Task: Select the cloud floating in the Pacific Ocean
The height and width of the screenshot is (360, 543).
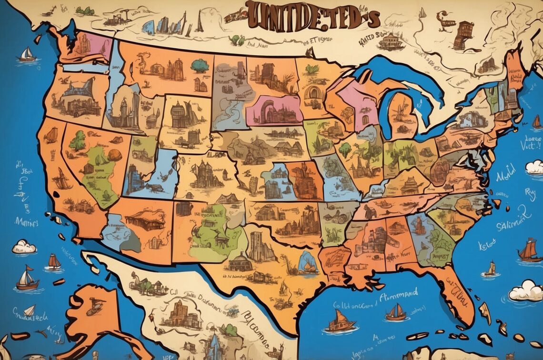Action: point(24,247)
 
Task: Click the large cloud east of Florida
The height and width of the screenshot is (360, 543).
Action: point(525,290)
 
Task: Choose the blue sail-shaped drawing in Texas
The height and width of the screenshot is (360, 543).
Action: point(307,262)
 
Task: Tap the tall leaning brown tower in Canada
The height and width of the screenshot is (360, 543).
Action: point(463,35)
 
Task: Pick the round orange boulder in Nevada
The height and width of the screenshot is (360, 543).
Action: point(114,155)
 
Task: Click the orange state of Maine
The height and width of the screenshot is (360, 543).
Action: point(514,71)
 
